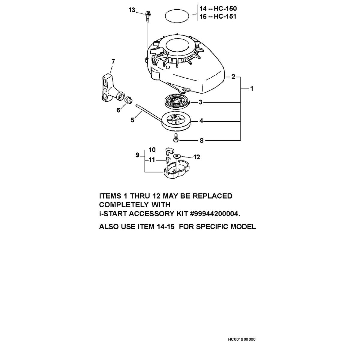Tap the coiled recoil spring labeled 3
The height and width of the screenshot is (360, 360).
coord(177,102)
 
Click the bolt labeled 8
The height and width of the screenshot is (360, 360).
coord(176,138)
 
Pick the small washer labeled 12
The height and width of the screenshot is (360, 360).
coord(176,156)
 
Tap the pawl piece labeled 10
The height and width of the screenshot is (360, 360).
coord(169,150)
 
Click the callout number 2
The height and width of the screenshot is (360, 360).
coord(233,77)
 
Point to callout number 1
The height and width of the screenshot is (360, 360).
coord(252,88)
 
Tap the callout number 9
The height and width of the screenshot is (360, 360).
coord(137,155)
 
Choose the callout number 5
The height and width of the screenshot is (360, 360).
coord(133,120)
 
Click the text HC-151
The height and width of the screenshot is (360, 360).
coord(225,16)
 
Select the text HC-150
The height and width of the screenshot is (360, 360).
coord(225,8)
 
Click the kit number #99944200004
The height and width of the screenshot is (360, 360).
coord(215,214)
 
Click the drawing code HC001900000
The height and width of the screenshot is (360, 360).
coord(242,339)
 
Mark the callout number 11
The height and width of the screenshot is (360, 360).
coord(152,160)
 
